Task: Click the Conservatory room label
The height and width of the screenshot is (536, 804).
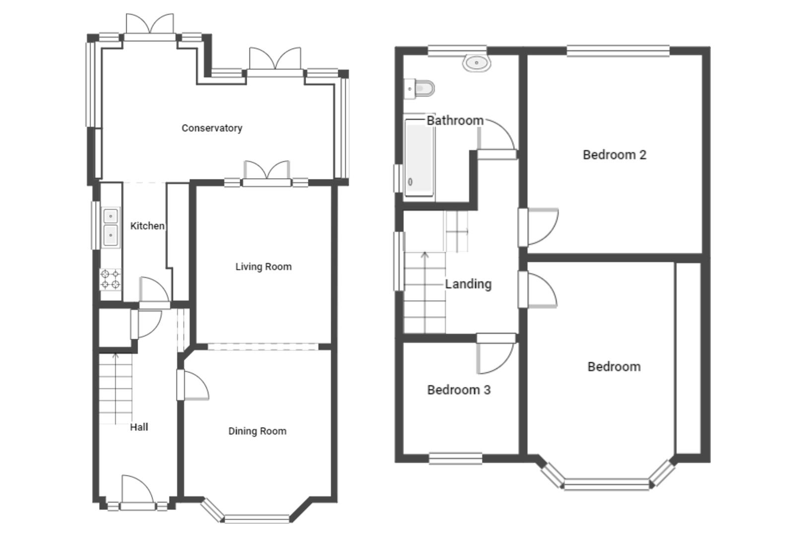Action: pyautogui.click(x=212, y=128)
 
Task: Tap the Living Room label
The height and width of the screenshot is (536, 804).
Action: pyautogui.click(x=264, y=267)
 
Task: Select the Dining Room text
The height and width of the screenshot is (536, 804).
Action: pyautogui.click(x=258, y=431)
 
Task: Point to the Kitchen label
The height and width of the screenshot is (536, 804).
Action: pyautogui.click(x=147, y=226)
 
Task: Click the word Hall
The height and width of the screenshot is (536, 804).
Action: pyautogui.click(x=139, y=427)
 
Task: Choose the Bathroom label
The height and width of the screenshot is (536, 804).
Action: pyautogui.click(x=455, y=121)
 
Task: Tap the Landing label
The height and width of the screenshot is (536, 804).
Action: pyautogui.click(x=469, y=284)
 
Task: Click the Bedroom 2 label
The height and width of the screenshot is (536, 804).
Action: pyautogui.click(x=614, y=155)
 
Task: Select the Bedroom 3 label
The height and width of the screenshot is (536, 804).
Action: pyautogui.click(x=459, y=390)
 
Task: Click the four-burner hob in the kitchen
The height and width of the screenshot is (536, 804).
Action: pyautogui.click(x=110, y=280)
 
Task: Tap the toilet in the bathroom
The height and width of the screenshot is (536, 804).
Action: pyautogui.click(x=419, y=88)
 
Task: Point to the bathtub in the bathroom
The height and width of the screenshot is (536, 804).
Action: pyautogui.click(x=419, y=158)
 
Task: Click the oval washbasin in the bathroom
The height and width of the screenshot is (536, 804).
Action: pyautogui.click(x=476, y=63)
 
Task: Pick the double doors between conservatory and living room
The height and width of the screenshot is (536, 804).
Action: pyautogui.click(x=267, y=173)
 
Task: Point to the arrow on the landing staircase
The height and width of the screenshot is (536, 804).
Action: pyautogui.click(x=425, y=292)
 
